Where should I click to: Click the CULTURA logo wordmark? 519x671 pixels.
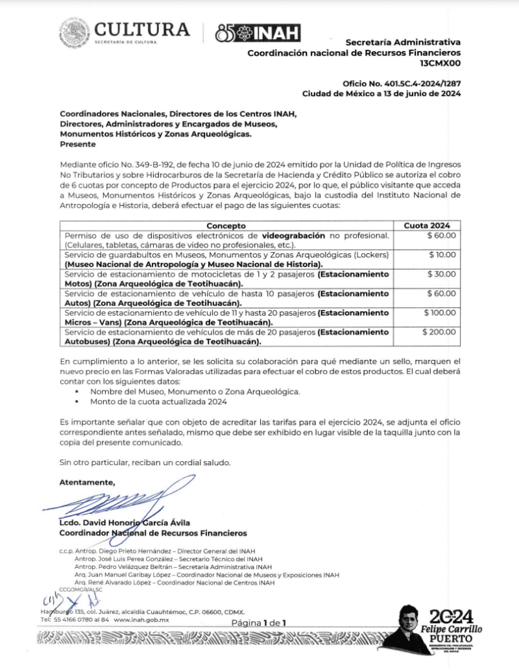142,29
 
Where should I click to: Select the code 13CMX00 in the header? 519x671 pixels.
441,64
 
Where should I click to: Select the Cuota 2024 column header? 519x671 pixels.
427,225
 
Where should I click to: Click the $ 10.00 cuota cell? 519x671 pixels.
442,255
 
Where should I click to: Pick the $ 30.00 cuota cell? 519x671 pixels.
442,274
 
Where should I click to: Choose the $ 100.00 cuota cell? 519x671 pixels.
440,313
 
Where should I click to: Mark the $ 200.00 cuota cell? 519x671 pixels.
439,332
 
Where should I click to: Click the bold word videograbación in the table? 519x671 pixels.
294,235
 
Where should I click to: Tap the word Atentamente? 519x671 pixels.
87,482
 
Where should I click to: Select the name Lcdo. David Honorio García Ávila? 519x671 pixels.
125,523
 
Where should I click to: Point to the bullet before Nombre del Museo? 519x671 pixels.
78,393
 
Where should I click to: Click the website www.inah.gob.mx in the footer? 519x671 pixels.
141,620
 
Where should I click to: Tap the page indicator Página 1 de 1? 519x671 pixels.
259,623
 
